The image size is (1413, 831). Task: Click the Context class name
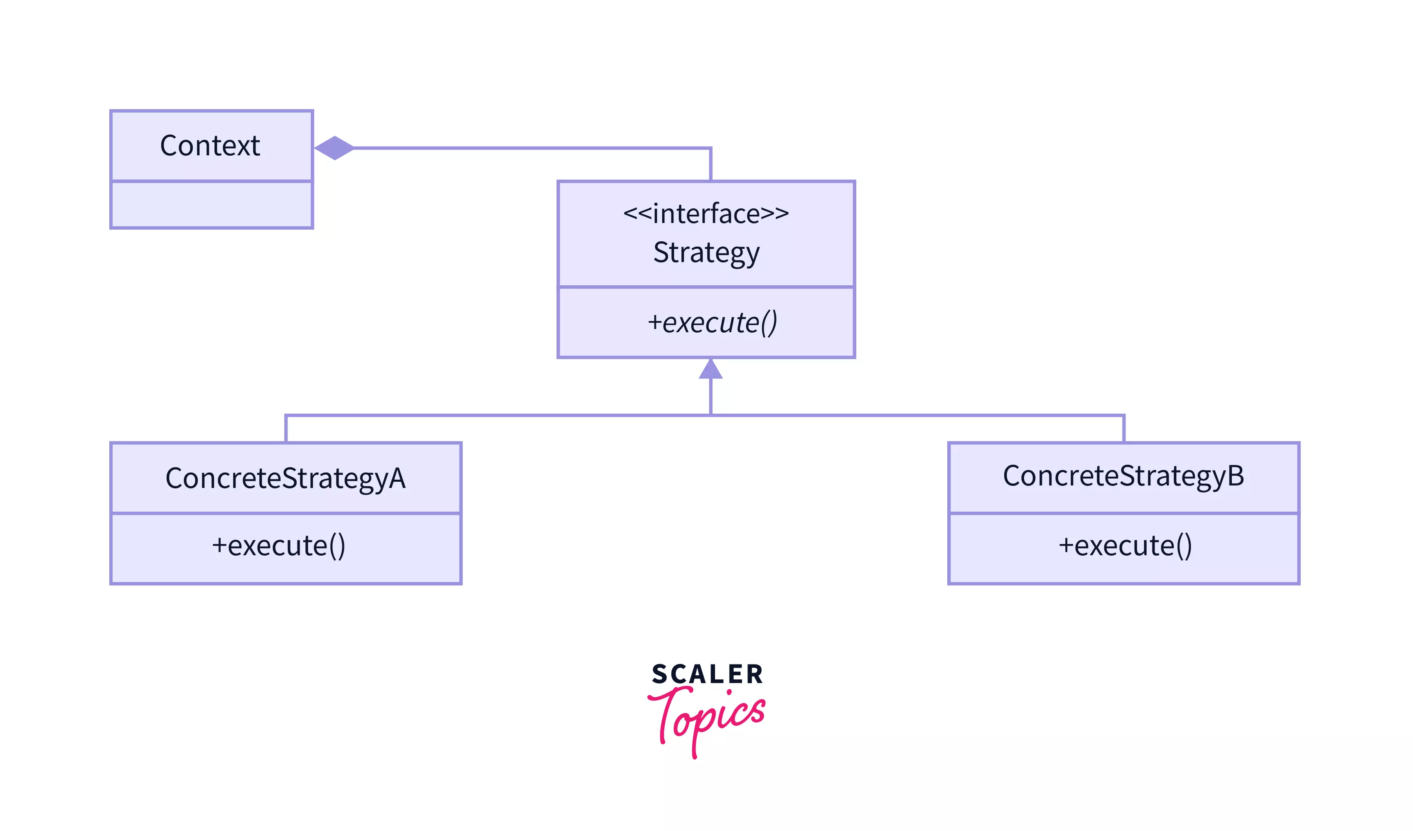point(210,146)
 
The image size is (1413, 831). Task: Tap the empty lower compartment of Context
point(211,204)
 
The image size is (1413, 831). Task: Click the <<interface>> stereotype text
point(706,213)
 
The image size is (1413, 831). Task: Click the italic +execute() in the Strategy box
point(712,323)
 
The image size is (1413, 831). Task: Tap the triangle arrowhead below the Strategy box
point(710,370)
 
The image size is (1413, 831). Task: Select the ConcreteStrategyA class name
point(285,478)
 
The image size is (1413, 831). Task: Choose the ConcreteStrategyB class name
point(1123,476)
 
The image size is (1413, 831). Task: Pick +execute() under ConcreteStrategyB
point(1125,546)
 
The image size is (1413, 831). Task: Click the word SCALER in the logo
point(707,674)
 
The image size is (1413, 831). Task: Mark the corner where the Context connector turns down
point(710,149)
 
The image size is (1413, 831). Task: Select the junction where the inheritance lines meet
point(710,415)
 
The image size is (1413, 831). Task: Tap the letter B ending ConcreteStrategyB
point(1235,476)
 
